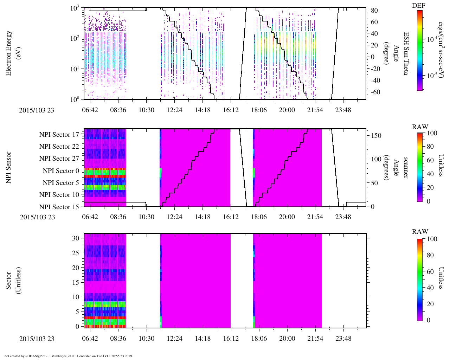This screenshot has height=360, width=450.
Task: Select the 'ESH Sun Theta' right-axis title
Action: click(x=406, y=53)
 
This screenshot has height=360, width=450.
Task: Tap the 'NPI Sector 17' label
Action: click(x=59, y=134)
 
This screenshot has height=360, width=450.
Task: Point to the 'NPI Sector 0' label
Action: click(x=61, y=171)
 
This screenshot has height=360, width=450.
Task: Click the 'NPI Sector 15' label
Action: click(x=59, y=207)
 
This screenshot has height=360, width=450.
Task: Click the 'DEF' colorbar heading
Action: click(x=420, y=6)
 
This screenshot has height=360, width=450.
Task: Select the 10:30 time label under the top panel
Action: click(x=146, y=110)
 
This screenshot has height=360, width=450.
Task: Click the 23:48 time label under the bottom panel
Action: click(x=343, y=339)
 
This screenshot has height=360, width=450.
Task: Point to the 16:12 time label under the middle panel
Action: click(x=231, y=217)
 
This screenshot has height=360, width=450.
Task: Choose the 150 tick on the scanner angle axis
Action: click(x=377, y=136)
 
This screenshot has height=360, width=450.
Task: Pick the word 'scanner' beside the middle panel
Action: click(x=406, y=168)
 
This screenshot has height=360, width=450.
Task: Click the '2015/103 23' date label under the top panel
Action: click(x=37, y=110)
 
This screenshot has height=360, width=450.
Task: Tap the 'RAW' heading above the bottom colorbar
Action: click(x=420, y=232)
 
